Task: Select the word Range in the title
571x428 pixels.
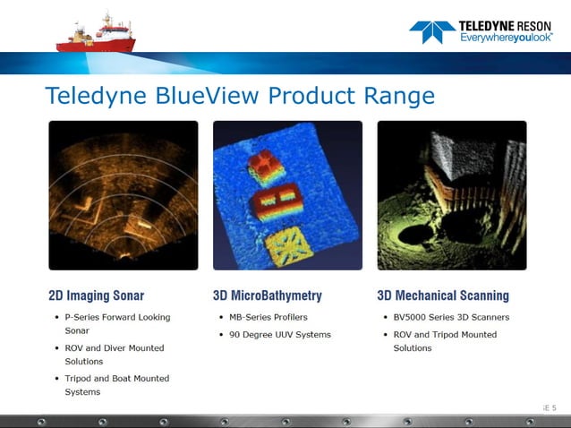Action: click(x=394, y=96)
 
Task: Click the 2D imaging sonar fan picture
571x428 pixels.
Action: click(x=123, y=194)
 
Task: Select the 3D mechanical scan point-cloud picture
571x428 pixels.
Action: click(x=451, y=194)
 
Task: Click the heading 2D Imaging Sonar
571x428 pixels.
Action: click(x=96, y=295)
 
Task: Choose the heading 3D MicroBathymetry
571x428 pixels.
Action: click(x=267, y=295)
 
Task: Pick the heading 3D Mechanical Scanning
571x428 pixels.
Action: click(x=443, y=295)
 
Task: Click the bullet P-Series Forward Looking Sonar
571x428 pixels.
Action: click(x=116, y=323)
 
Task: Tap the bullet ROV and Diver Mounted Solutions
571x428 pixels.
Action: click(x=114, y=354)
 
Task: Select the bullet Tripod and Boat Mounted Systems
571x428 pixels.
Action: click(x=116, y=384)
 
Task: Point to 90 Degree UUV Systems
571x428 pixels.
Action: click(x=279, y=335)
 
